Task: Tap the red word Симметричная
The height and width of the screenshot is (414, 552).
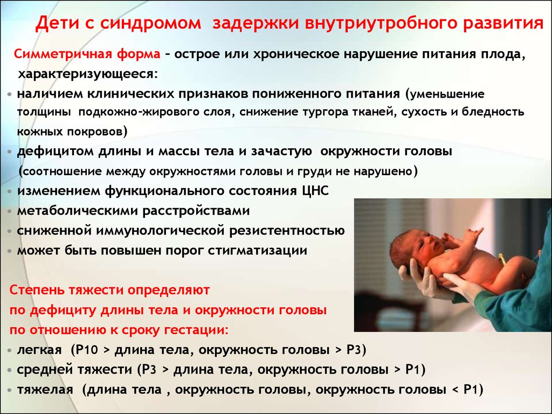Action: click(63, 54)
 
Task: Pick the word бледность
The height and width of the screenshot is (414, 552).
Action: click(493, 112)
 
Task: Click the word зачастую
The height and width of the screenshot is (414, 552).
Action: click(281, 151)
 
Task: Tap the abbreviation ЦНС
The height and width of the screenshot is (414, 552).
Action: click(315, 191)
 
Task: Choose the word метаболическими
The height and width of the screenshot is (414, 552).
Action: click(78, 211)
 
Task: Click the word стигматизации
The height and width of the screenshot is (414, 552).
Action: click(257, 250)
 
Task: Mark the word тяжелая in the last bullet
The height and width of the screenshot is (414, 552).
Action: click(45, 390)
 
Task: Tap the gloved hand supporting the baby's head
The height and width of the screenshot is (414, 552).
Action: click(417, 278)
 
